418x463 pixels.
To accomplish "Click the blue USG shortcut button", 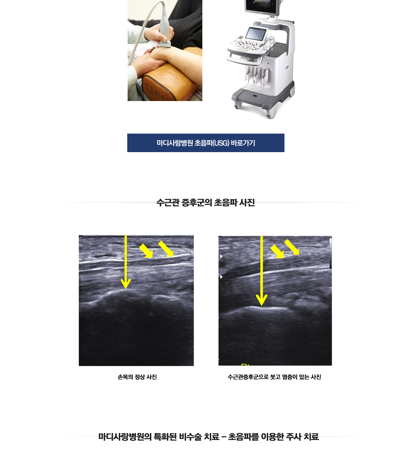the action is click(206, 143).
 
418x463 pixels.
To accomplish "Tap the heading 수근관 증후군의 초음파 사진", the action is click(206, 203).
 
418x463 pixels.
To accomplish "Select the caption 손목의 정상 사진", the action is click(137, 377).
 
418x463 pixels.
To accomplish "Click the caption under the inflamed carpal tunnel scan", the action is click(274, 377).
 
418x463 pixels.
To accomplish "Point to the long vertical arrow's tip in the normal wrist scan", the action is click(126, 289).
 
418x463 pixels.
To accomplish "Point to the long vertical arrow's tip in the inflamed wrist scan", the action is click(262, 306).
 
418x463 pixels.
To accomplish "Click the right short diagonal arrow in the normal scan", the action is click(166, 249).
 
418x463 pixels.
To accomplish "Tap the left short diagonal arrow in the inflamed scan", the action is click(277, 252).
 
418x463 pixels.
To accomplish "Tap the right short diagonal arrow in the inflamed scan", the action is click(292, 247).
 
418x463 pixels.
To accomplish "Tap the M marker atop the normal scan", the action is click(81, 237).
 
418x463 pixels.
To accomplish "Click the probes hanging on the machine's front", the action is click(256, 74).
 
